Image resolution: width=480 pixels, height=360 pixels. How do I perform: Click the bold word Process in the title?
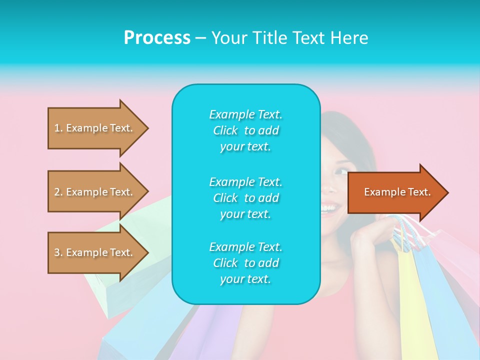157,38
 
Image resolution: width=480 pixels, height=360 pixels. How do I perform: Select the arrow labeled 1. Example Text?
95,128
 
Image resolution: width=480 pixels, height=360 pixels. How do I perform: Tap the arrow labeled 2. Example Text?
95,192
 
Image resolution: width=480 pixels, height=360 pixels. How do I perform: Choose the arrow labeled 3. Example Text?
95,252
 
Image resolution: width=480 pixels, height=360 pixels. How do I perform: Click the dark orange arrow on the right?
395,192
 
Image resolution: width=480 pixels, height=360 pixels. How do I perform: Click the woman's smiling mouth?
329,207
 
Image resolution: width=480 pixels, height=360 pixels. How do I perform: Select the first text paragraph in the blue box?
245,130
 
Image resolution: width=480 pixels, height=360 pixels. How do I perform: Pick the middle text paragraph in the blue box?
245,198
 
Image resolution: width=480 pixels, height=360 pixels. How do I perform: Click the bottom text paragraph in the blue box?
245,263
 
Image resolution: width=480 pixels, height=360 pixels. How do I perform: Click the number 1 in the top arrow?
57,128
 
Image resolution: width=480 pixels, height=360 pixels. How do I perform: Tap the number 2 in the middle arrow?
57,192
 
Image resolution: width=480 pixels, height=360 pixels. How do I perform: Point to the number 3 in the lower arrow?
57,252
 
